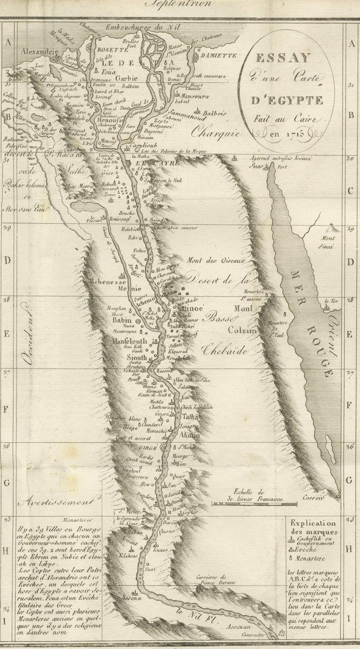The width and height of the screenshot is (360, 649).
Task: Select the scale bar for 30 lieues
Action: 254,504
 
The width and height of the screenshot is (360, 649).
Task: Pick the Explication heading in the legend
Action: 313,523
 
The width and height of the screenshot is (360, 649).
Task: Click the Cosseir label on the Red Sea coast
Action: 313,498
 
